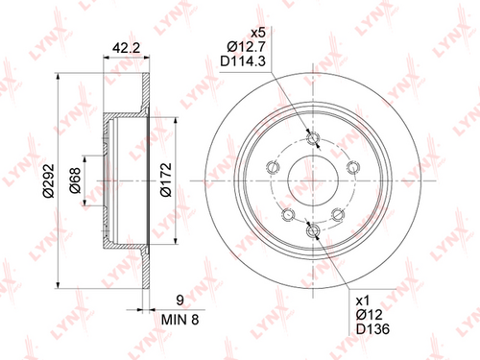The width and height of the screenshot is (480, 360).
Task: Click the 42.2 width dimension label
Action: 126,48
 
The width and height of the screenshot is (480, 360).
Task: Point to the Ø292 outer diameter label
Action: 49,180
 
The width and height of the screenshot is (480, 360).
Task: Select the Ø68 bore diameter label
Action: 75,180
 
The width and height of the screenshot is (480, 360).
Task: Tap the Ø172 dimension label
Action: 166,180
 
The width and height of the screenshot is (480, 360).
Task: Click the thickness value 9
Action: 180,300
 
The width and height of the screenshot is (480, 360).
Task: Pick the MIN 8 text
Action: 180,320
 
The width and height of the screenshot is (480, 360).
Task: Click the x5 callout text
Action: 258,33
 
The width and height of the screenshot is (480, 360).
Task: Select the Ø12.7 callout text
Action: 246,47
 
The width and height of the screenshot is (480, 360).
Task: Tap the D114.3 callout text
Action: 243,61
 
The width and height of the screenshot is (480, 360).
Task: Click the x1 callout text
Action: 363,300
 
